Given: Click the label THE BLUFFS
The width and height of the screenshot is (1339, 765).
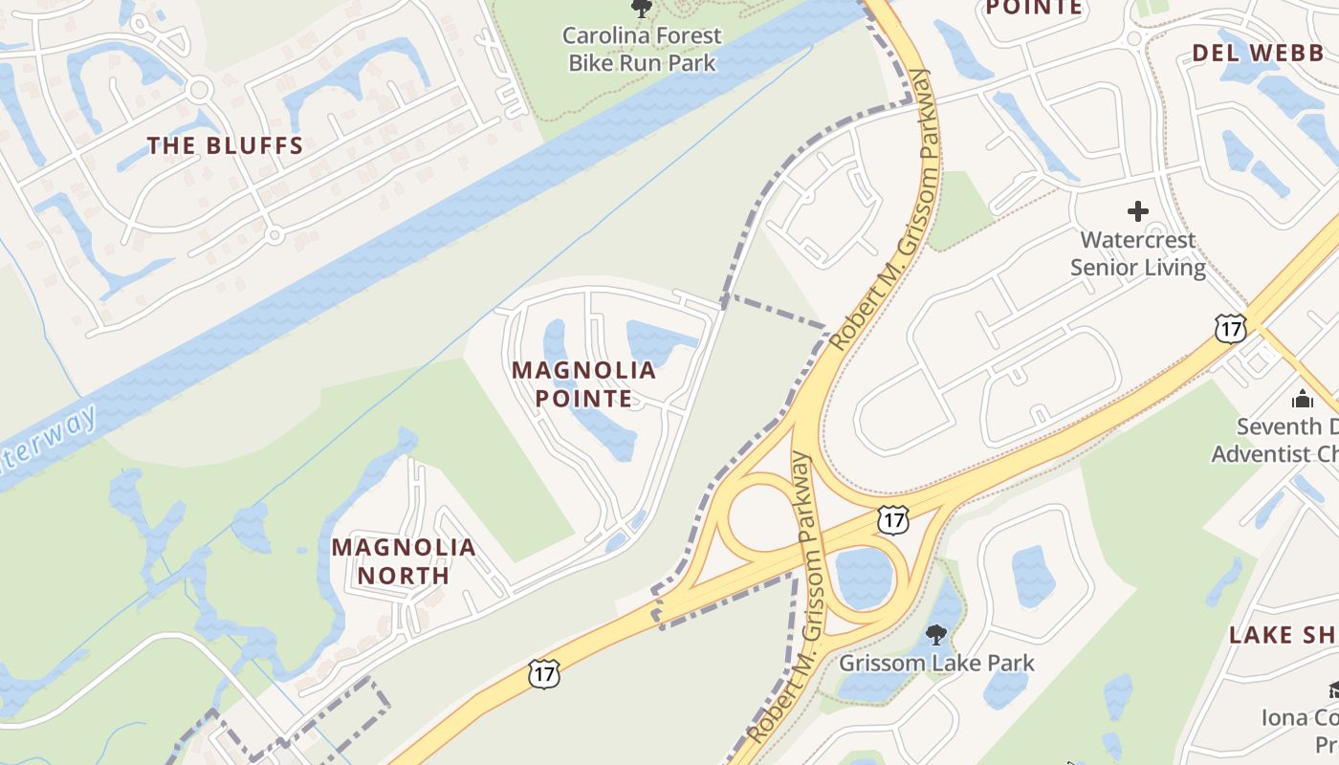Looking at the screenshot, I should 225,146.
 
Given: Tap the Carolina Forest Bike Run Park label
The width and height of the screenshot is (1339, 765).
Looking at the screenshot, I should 642,50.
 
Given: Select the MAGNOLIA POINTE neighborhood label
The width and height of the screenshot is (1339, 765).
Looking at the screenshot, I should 583,383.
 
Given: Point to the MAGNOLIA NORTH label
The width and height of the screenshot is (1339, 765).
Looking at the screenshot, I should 404,561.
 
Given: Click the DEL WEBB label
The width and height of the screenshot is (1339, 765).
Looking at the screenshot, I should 1258,54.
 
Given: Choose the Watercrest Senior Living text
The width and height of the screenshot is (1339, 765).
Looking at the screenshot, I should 1137,253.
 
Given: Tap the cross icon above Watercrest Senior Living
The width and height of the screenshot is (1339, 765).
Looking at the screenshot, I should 1137,210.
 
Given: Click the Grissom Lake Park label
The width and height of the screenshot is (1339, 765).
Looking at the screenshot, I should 936,663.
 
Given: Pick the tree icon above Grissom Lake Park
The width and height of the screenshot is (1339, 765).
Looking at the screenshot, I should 936,634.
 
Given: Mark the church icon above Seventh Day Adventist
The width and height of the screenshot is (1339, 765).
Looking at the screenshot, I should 1302,399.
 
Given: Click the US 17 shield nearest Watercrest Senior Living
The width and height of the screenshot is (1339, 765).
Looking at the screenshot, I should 1231,328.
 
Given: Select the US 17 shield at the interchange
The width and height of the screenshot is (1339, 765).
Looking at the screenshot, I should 892,520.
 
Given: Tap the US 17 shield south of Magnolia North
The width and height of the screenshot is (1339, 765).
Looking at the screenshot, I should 543,672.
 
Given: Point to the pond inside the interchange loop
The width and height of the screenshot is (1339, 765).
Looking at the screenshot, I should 864,578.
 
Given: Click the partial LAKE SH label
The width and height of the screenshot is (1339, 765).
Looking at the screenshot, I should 1283,635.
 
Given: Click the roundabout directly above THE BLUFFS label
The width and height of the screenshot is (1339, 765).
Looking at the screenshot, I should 199,91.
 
